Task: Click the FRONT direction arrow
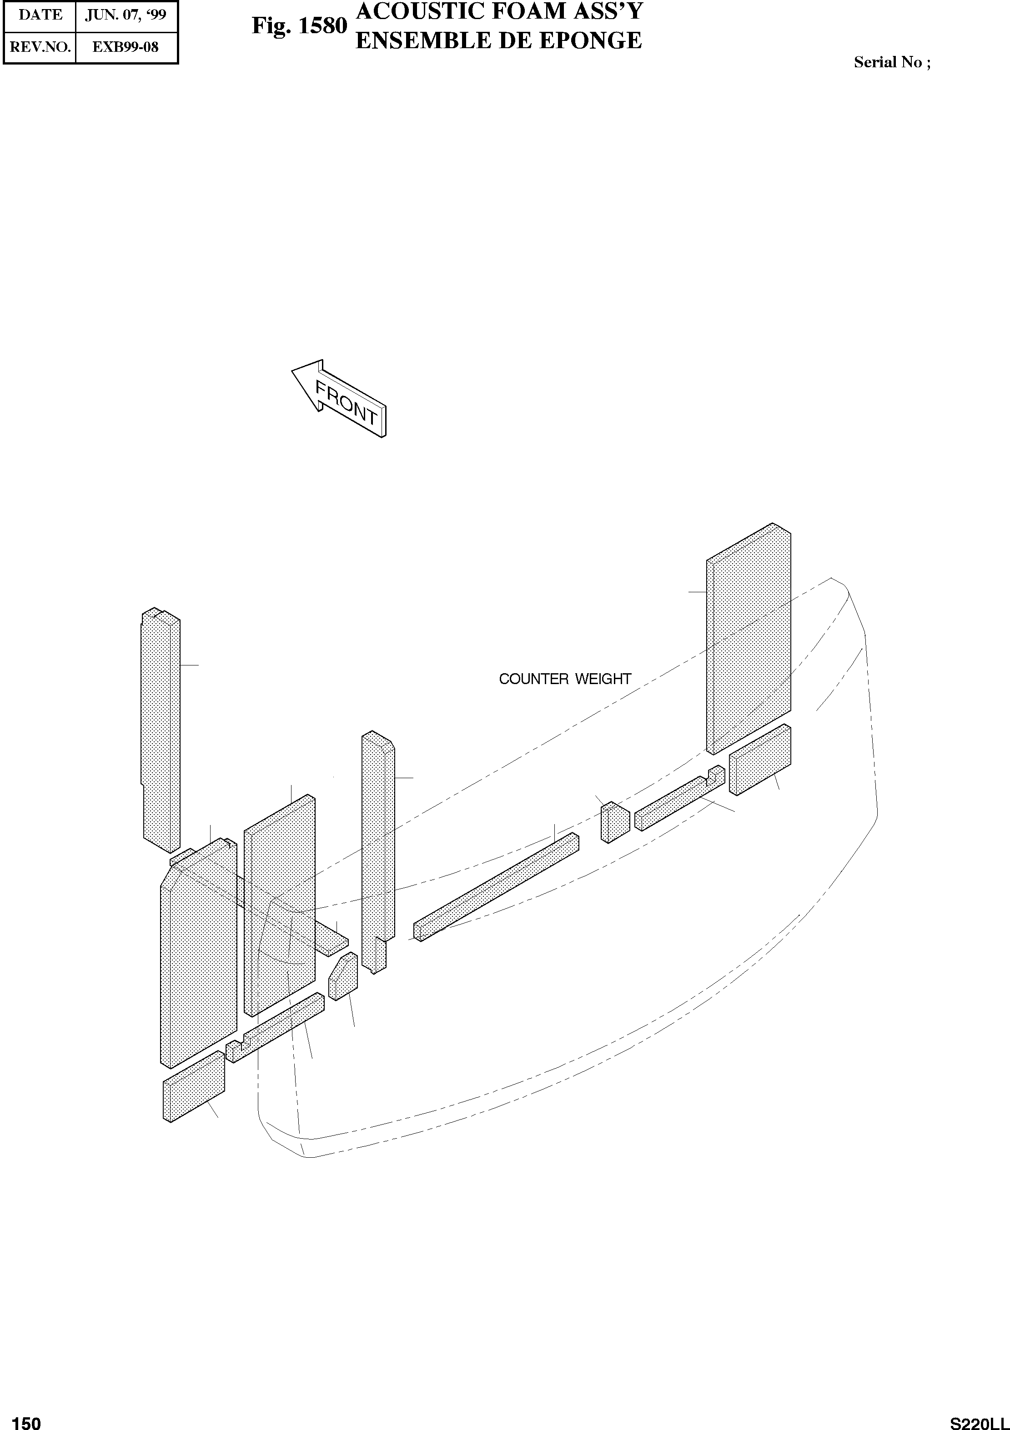click(340, 399)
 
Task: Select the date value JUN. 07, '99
click(126, 15)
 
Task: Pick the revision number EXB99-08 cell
click(126, 47)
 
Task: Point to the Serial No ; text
click(892, 62)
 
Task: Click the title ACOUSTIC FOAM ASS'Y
click(498, 12)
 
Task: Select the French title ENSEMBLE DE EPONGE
click(498, 40)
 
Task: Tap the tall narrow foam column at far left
click(161, 729)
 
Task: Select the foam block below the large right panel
click(759, 760)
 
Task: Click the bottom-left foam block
click(193, 1087)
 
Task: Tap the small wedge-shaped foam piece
click(343, 978)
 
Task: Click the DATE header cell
click(40, 15)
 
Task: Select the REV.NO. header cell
click(40, 47)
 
